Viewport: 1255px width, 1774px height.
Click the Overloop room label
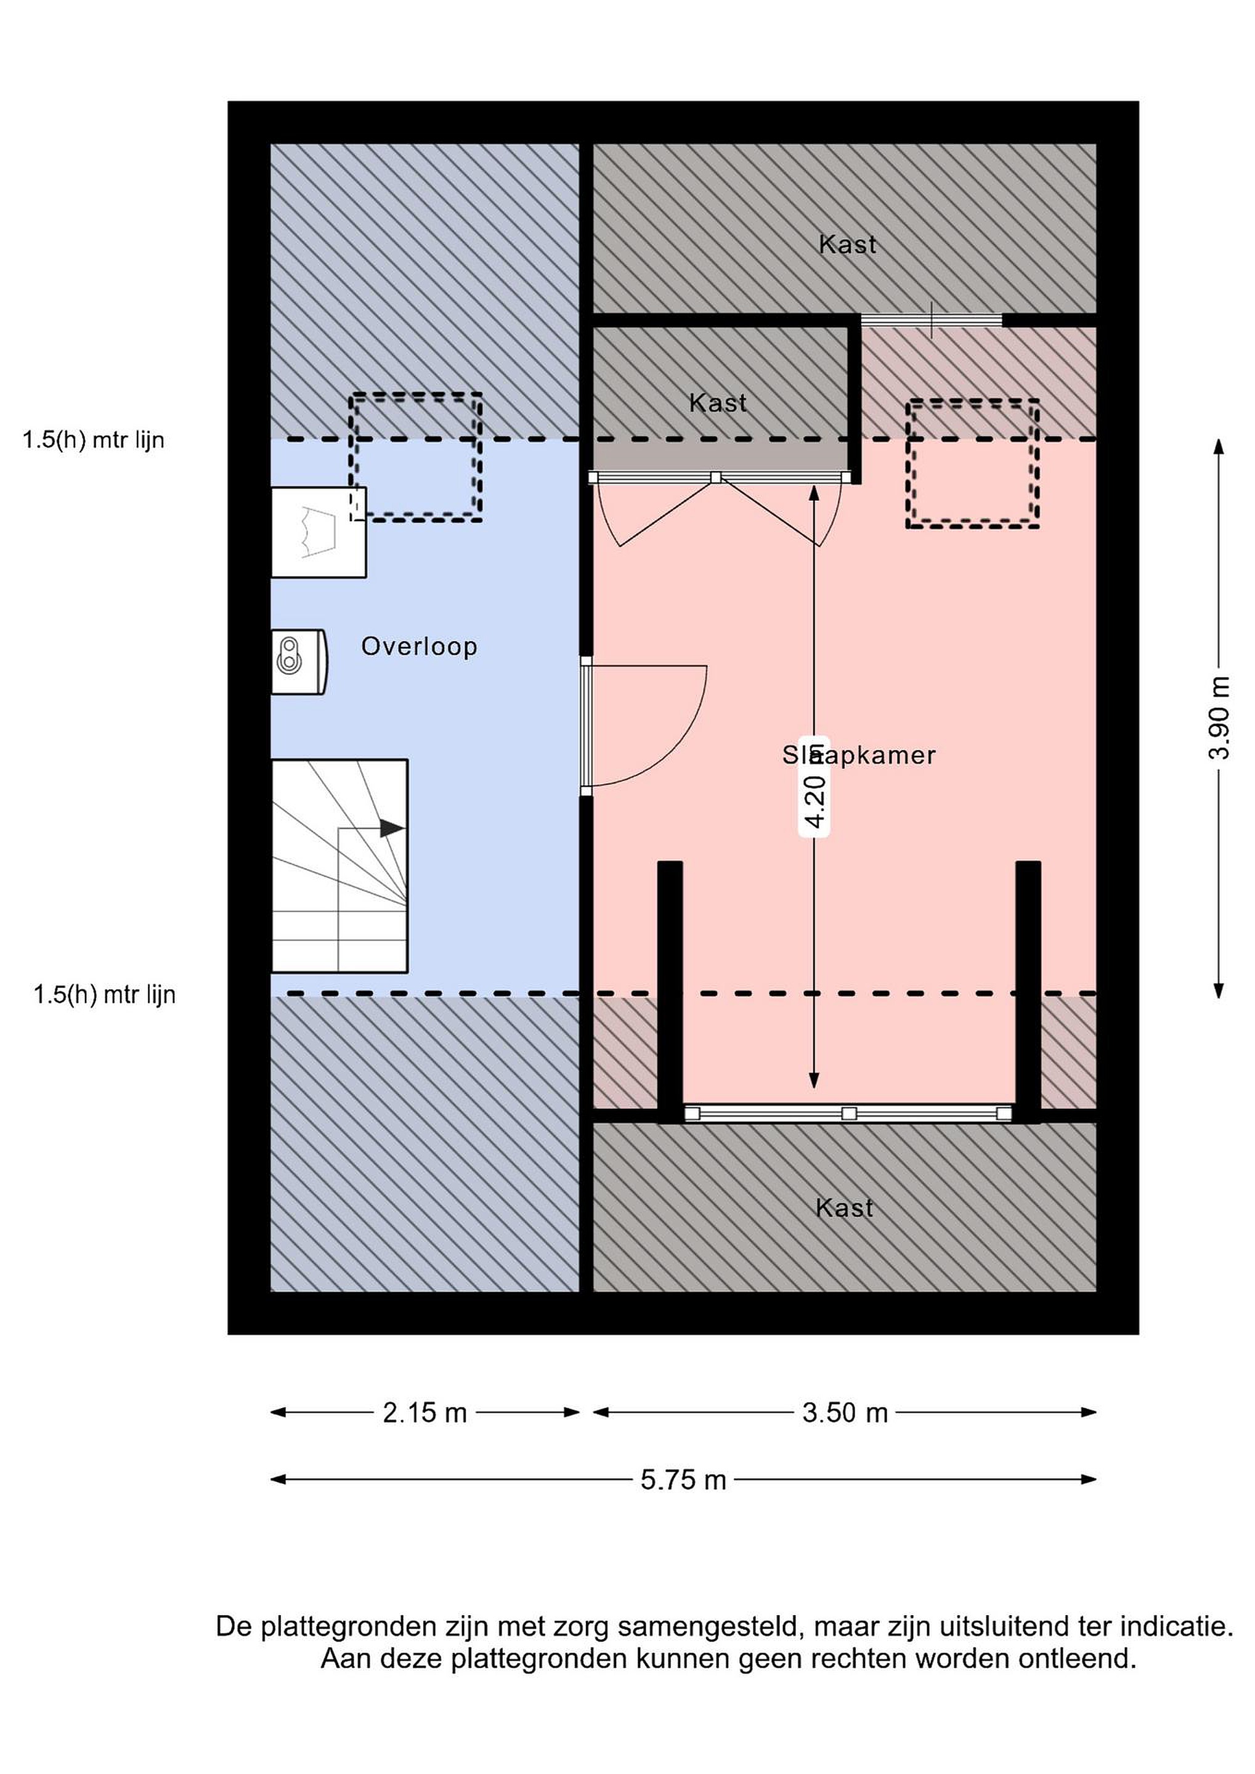pos(419,647)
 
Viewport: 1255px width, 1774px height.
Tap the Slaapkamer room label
pos(859,755)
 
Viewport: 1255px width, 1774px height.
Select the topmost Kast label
pos(848,245)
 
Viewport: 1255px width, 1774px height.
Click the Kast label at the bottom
pos(845,1209)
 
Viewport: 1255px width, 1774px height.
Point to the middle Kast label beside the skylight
pos(718,403)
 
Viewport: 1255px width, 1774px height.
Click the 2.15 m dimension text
pos(425,1413)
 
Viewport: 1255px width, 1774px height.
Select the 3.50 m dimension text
pos(845,1413)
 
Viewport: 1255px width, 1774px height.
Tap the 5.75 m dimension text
pos(684,1480)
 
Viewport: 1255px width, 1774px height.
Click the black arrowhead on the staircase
pos(392,828)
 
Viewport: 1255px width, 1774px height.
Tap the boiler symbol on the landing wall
pos(299,662)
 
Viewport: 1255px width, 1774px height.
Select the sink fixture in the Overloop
pos(319,532)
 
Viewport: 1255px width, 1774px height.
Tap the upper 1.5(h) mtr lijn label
pos(94,440)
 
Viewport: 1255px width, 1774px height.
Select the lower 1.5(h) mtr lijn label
pos(104,994)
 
